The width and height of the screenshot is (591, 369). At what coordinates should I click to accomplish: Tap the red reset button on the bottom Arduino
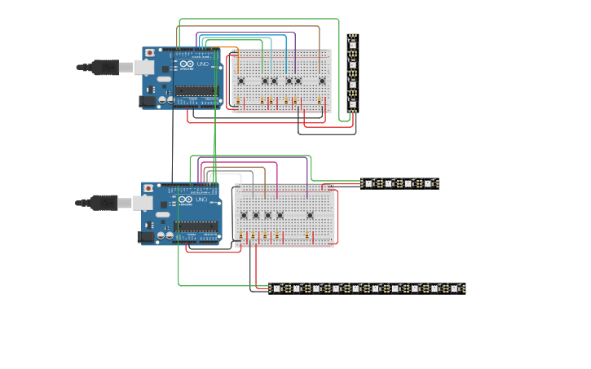[148, 189]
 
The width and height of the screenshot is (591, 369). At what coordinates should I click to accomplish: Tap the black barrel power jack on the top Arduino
[148, 101]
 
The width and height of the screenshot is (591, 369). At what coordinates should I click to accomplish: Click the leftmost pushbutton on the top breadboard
[240, 81]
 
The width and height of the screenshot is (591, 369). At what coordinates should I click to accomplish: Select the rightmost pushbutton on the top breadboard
[322, 81]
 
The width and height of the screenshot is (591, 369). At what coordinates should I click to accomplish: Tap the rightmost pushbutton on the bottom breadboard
[310, 216]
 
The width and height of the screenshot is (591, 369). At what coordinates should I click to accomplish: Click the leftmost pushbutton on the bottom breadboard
[244, 216]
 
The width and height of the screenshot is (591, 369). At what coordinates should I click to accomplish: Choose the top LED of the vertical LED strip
[352, 43]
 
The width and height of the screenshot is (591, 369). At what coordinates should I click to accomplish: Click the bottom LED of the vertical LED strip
[352, 103]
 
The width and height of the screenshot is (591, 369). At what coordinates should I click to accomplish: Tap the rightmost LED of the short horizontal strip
[429, 183]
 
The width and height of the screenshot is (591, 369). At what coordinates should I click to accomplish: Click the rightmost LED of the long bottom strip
[455, 288]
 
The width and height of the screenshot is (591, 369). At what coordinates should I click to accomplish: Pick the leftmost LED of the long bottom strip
[277, 288]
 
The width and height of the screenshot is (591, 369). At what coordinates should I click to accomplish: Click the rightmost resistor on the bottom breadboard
[307, 236]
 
